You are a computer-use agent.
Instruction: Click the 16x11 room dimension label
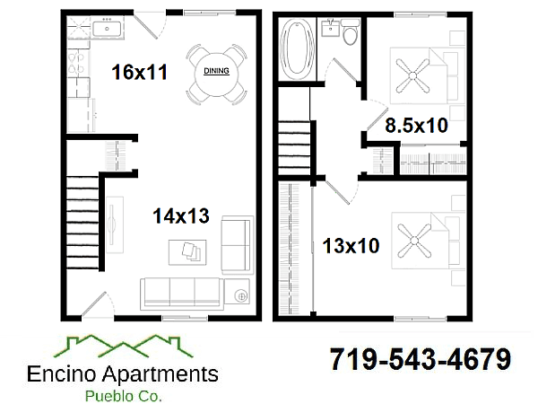coord(139,73)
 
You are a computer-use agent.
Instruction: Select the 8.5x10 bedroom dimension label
coord(416,126)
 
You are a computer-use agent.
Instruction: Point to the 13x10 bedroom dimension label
coord(351,245)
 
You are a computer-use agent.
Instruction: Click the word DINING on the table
coord(216,71)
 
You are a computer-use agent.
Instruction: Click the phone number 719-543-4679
coord(421,360)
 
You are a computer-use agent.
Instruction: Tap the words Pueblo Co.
coord(122,394)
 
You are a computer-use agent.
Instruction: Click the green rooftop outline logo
coord(122,346)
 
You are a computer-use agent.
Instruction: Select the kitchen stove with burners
coord(76,64)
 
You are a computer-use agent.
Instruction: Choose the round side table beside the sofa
coord(240,294)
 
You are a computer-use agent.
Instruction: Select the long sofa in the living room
coord(182,293)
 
